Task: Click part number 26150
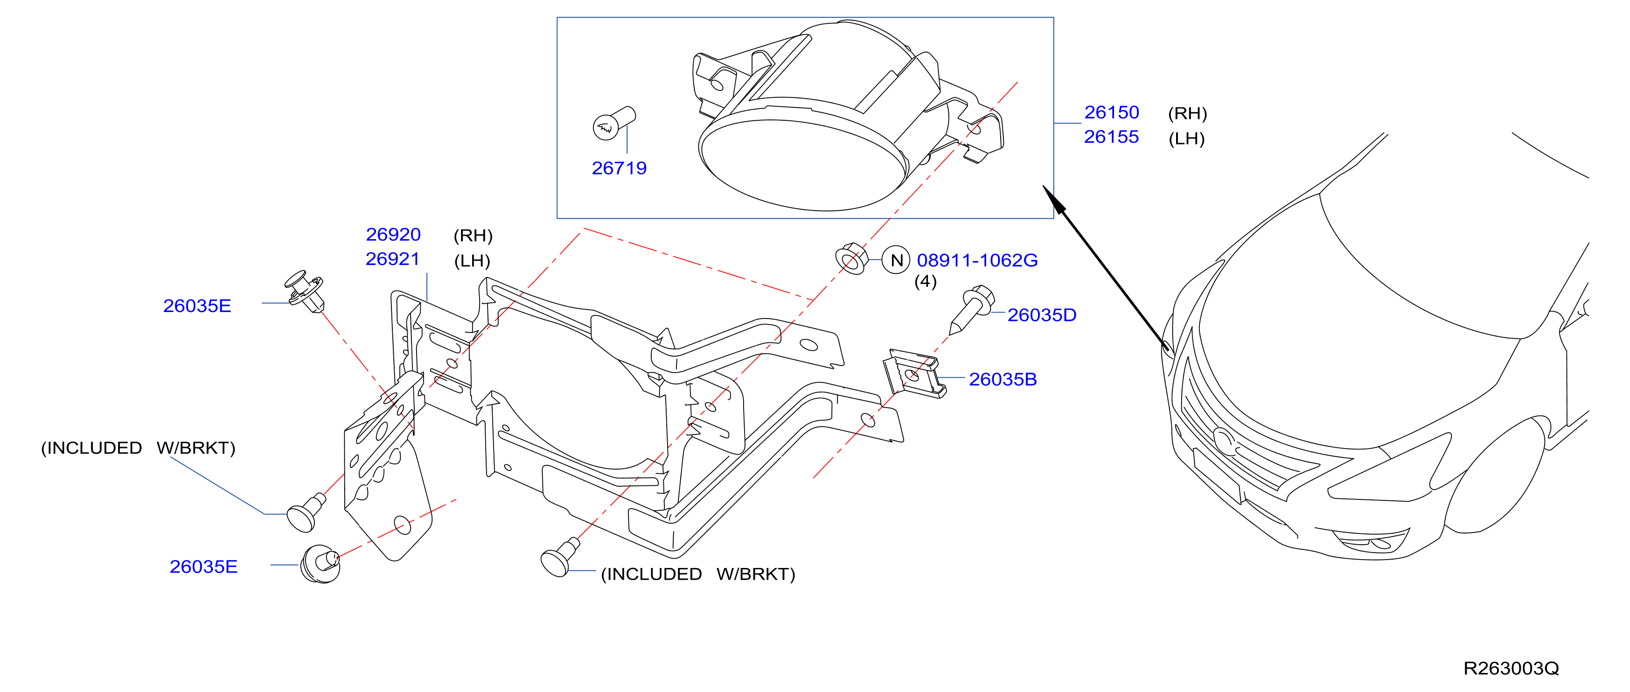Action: (1111, 112)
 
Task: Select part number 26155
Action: (1111, 137)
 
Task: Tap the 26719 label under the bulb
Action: (619, 168)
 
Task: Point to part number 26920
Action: (393, 235)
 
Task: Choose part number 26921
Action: (393, 259)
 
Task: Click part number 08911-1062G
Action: (977, 261)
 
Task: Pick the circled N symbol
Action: (896, 260)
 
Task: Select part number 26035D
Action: (1042, 315)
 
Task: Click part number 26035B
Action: (1003, 380)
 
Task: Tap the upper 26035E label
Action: (197, 306)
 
